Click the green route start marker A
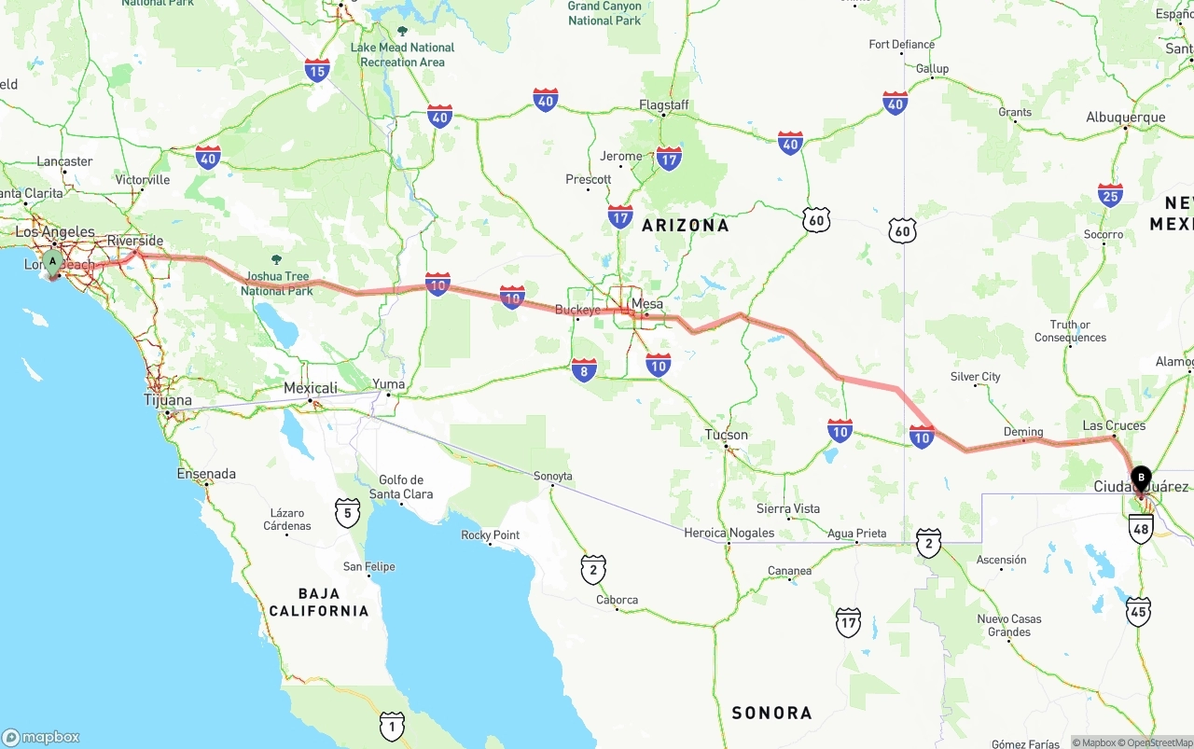(52, 262)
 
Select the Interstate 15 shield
(317, 70)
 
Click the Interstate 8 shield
(585, 370)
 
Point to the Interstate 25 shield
(1110, 195)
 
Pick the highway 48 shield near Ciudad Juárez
(1141, 529)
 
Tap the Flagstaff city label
(664, 104)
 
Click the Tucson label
(727, 435)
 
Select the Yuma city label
(389, 384)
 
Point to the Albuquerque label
(1125, 118)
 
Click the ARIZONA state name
(686, 225)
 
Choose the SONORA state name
(771, 713)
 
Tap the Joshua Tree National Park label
(276, 284)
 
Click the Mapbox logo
(41, 737)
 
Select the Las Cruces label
(1114, 425)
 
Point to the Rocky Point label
(491, 535)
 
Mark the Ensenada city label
(206, 474)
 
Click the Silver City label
(976, 377)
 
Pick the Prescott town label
(589, 179)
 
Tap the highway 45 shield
(1138, 612)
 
